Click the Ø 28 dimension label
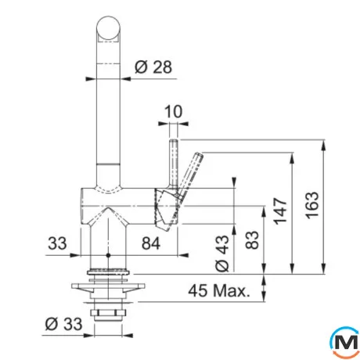[153, 67]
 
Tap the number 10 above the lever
[173, 112]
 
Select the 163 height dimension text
[312, 206]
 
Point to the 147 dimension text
[280, 211]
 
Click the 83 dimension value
[252, 240]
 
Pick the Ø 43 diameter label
[221, 253]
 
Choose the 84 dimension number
[151, 243]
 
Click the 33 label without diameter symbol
[57, 243]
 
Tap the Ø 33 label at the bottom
[63, 324]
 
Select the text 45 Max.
[218, 290]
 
